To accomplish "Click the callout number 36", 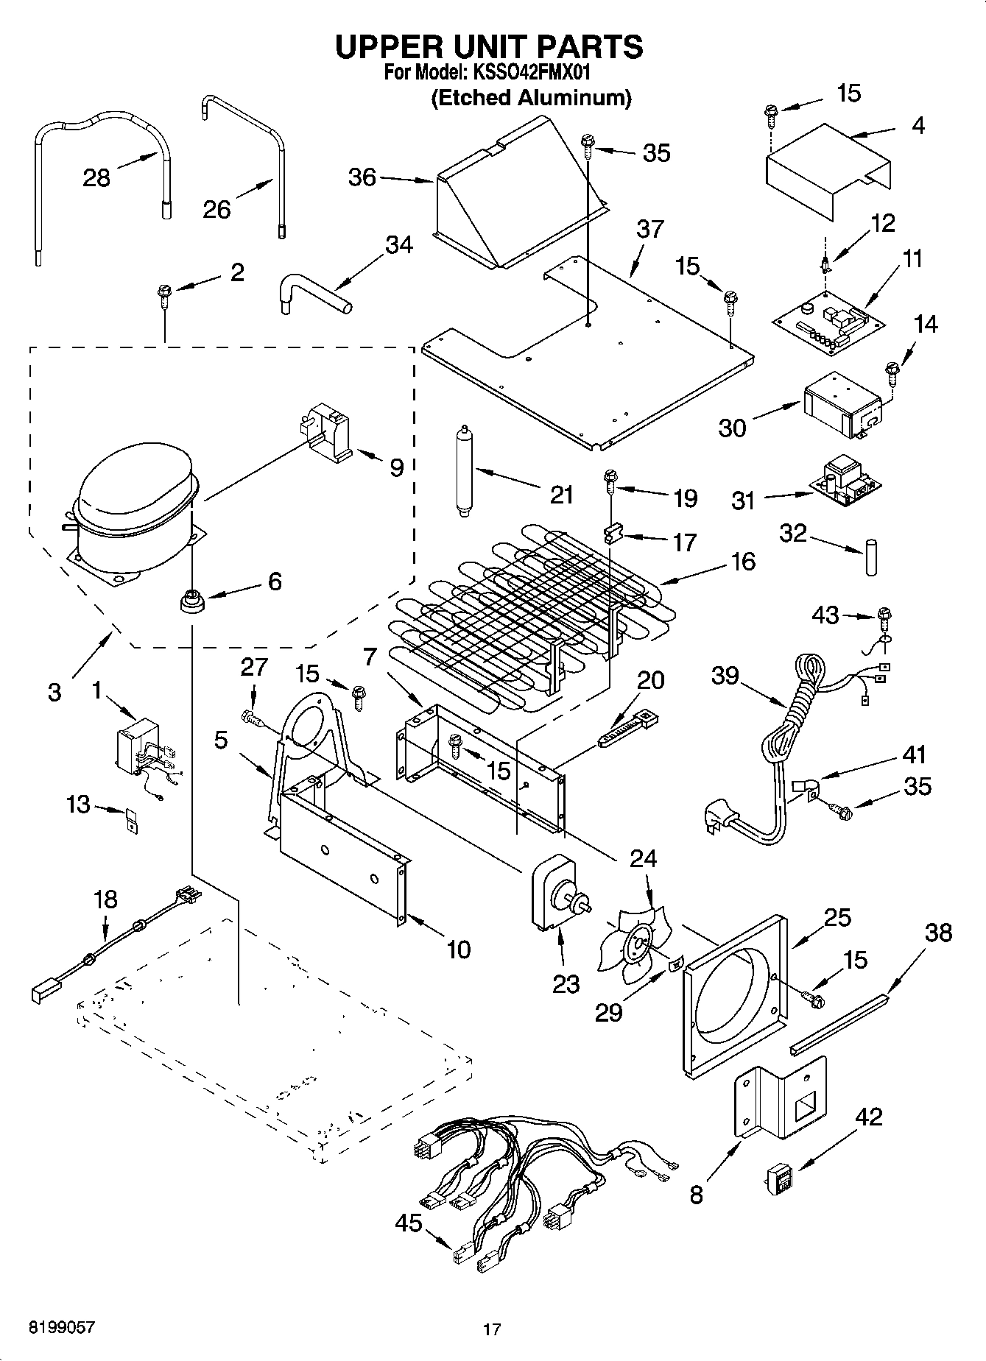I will [x=362, y=177].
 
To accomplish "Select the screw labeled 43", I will [x=884, y=615].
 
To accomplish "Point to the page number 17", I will [x=492, y=1329].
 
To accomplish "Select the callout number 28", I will [x=96, y=177].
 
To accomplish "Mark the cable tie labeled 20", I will [x=628, y=728].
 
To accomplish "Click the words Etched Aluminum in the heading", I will [x=530, y=97].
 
